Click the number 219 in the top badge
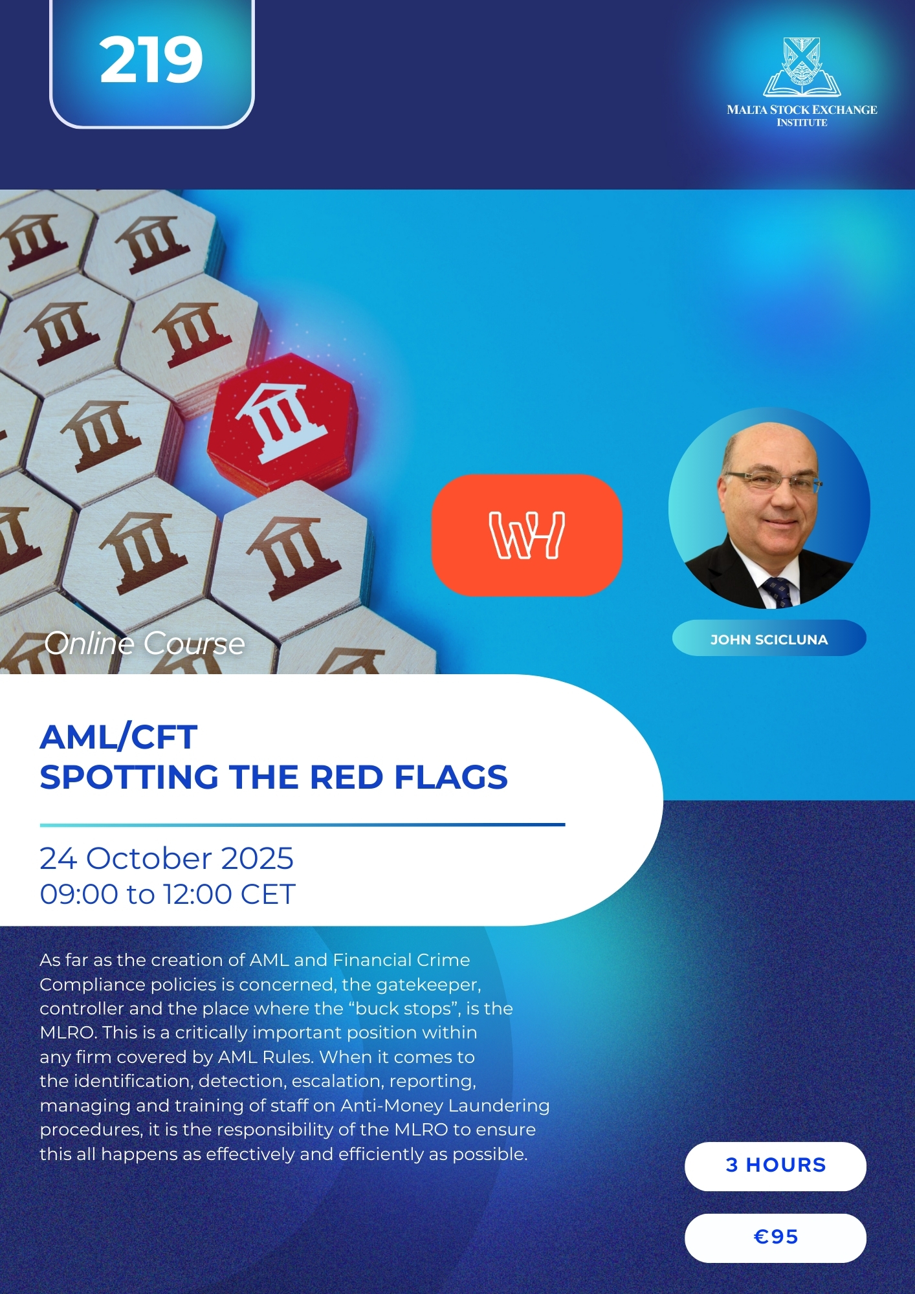[x=151, y=60]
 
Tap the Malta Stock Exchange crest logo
[x=802, y=67]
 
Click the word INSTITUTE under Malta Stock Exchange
[x=802, y=123]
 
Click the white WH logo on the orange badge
[x=527, y=535]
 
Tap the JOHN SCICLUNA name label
[x=769, y=639]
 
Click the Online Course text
[x=145, y=643]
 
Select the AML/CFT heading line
[x=118, y=737]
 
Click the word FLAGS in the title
[x=451, y=777]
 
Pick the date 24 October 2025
[x=166, y=859]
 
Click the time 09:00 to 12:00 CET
[x=168, y=894]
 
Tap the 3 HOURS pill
[x=775, y=1166]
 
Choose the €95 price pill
[x=775, y=1238]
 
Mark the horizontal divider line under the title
[x=302, y=825]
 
